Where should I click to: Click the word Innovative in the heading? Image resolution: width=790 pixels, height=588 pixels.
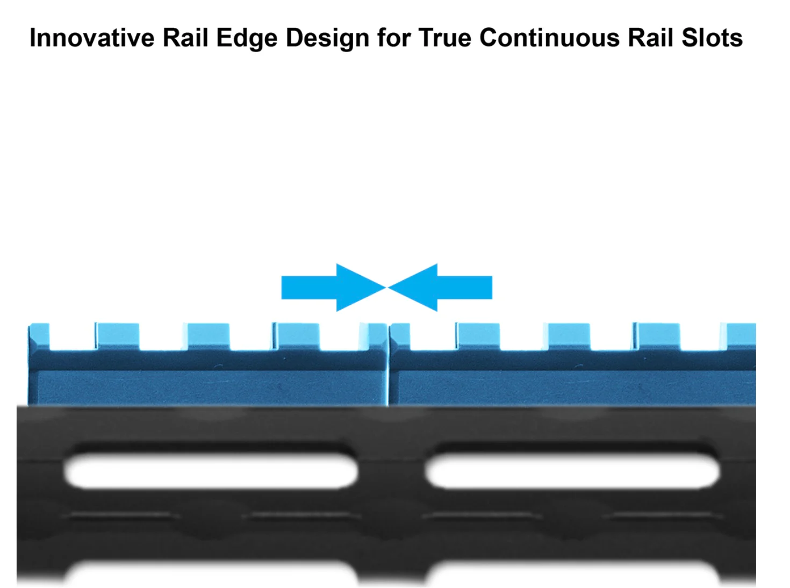pyautogui.click(x=92, y=38)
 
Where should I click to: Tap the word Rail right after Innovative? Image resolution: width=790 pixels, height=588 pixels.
pyautogui.click(x=185, y=38)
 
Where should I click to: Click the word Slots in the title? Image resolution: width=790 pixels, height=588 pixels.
pyautogui.click(x=712, y=38)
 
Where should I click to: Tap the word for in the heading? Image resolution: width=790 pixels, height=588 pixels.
pyautogui.click(x=393, y=38)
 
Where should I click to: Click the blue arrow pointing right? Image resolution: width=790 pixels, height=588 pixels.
pyautogui.click(x=334, y=287)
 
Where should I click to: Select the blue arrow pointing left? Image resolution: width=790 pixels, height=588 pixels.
pyautogui.click(x=440, y=287)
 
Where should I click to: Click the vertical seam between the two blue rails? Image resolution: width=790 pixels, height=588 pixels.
pyautogui.click(x=389, y=364)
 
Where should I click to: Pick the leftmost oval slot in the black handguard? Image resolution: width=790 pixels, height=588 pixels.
pyautogui.click(x=211, y=471)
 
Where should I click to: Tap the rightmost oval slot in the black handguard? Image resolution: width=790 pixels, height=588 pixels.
pyautogui.click(x=572, y=471)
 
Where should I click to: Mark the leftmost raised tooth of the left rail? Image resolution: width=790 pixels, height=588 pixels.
pyautogui.click(x=39, y=336)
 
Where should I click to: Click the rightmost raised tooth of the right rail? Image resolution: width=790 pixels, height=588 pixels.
pyautogui.click(x=741, y=336)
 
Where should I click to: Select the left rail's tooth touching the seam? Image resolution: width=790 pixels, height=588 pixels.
pyautogui.click(x=374, y=336)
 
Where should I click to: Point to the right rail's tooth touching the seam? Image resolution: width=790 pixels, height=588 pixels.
pyautogui.click(x=400, y=336)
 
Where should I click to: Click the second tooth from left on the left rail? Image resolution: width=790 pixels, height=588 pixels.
pyautogui.click(x=118, y=336)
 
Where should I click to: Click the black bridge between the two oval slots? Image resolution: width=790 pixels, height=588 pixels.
pyautogui.click(x=391, y=471)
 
